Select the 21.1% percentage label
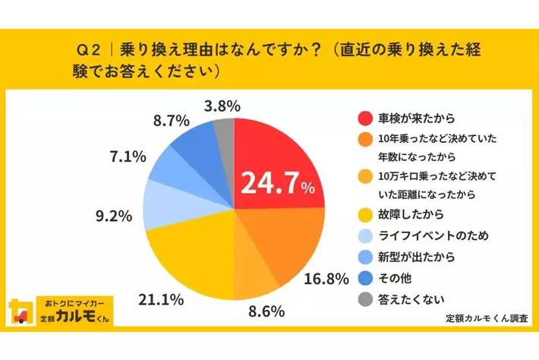(161, 300)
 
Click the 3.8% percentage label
(222, 106)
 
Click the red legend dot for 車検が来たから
(364, 118)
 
